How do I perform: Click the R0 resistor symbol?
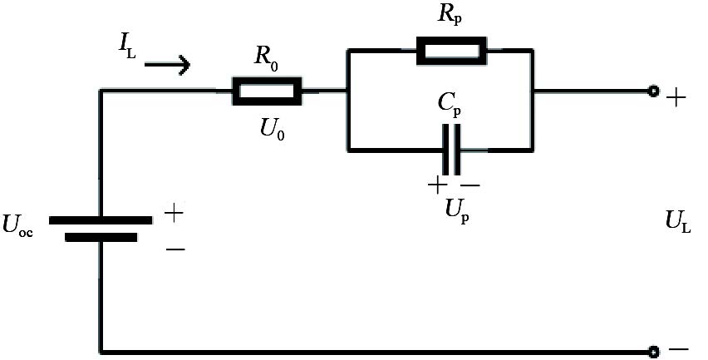click(267, 92)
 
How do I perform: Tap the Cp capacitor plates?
click(452, 150)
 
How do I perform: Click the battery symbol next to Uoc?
click(101, 229)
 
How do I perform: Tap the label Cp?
click(450, 106)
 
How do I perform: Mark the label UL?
click(678, 221)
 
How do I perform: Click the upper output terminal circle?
click(653, 91)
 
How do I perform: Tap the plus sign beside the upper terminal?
click(676, 97)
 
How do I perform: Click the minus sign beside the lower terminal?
click(679, 350)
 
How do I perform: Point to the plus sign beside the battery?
click(174, 213)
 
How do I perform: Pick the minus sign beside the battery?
click(175, 248)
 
